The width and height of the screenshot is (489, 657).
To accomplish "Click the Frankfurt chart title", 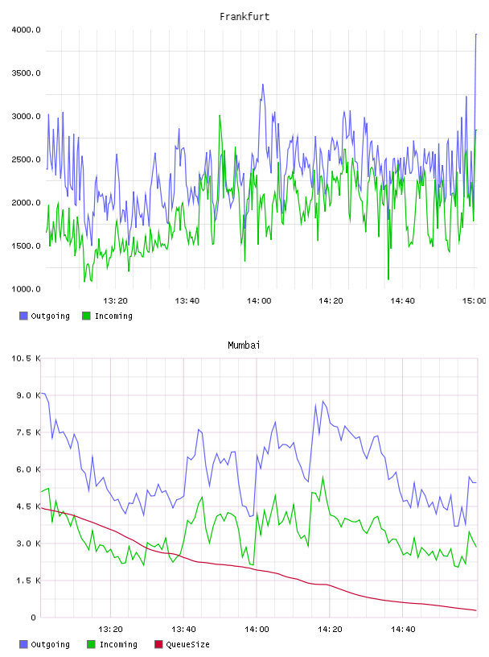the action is coord(244,17).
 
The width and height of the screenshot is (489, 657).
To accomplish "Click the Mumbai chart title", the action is coord(244,345).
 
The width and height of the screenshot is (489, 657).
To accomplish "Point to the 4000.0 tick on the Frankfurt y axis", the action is coord(26,30).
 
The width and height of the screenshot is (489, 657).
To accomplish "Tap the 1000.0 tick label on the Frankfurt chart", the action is coord(26,289).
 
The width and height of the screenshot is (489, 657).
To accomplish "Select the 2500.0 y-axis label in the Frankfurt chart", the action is coord(26,159).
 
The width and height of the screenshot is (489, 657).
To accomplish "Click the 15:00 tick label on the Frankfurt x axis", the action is coord(474,301).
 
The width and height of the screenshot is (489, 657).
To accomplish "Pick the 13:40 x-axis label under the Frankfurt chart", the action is coord(187,301).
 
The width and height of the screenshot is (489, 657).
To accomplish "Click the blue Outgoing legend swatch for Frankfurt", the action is coord(23,316).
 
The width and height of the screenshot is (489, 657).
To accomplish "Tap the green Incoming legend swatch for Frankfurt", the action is coord(86,316).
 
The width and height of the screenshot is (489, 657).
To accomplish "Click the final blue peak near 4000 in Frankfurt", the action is coord(476,35).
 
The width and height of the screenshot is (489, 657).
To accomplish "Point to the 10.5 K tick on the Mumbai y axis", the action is coord(26,358).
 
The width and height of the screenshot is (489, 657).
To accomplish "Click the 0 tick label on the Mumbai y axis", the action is coord(34,618).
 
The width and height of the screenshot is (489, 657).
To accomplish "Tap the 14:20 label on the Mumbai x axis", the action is coord(330,630).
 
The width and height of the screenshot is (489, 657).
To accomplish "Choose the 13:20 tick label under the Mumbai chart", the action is coord(110,630).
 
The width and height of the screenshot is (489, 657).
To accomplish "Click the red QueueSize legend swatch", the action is coord(158,644).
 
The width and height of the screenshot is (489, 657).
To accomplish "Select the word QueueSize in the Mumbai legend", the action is coord(187,644).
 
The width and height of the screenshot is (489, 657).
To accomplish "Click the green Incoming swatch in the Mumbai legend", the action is coord(91,644).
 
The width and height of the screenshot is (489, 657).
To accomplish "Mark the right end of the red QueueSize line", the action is coord(476,610).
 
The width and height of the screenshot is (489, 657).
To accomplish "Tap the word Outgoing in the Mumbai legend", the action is coord(50,645).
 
